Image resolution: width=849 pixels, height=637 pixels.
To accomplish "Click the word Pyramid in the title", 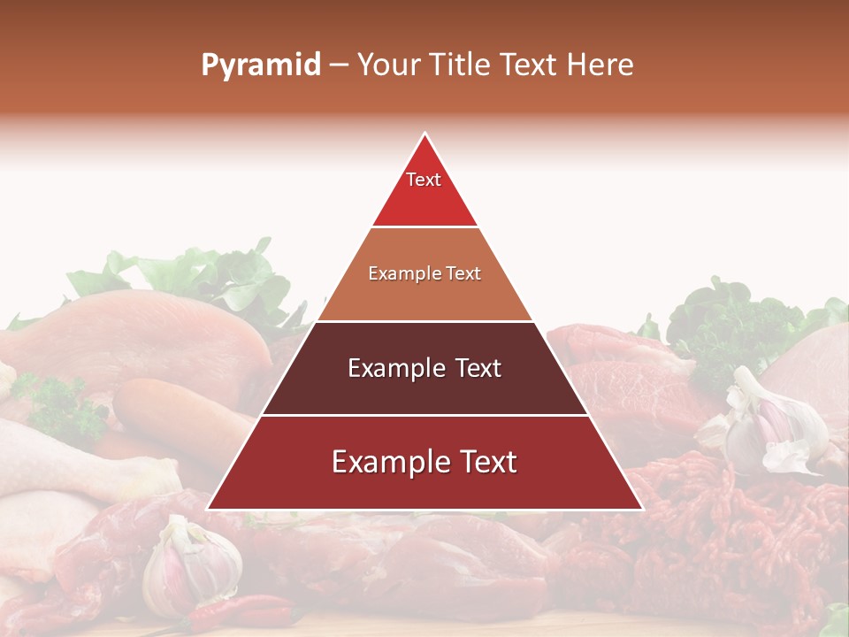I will tap(260, 65).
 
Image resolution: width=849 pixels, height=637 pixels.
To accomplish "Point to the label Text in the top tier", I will tap(424, 180).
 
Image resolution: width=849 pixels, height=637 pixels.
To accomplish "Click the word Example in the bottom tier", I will tap(382, 462).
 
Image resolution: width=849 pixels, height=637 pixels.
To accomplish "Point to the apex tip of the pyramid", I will tap(424, 134).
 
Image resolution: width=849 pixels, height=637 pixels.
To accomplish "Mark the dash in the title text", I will tap(338, 65).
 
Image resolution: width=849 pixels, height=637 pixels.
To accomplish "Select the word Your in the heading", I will tap(386, 65).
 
